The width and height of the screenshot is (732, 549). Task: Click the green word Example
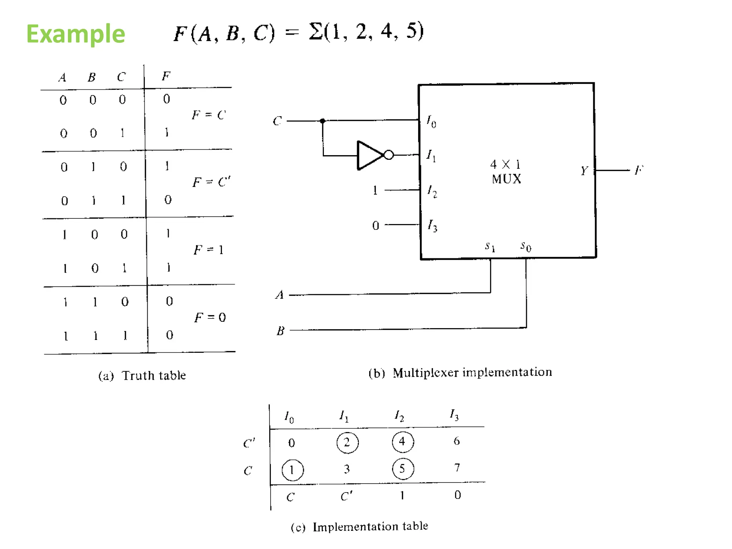click(x=75, y=34)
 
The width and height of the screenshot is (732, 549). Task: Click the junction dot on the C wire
click(x=322, y=121)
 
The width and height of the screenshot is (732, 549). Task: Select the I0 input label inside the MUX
click(x=431, y=122)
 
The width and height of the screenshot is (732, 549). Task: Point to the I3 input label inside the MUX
click(x=432, y=226)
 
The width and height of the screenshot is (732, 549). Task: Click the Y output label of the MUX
click(x=584, y=170)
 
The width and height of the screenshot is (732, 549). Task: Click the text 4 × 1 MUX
click(x=506, y=172)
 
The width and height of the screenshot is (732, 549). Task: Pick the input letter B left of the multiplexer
click(x=281, y=331)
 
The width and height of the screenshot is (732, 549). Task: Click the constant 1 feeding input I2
click(x=375, y=190)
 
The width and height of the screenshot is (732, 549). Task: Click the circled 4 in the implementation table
click(x=403, y=442)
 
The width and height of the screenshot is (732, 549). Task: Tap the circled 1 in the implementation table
click(x=292, y=470)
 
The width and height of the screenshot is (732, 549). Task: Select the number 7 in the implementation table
click(x=457, y=468)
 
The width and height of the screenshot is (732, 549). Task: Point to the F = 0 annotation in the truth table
click(x=210, y=317)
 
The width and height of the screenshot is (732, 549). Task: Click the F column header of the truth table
click(x=166, y=76)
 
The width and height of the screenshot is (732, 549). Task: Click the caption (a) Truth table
click(x=142, y=375)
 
